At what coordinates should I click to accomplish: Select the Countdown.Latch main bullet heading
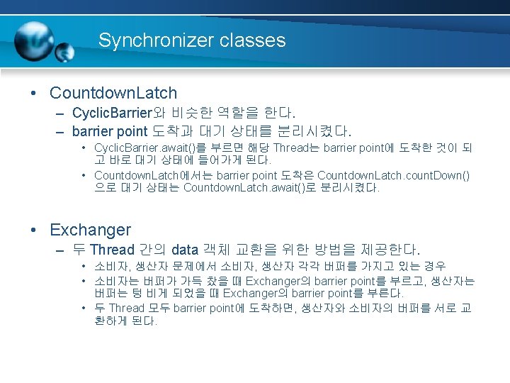113,93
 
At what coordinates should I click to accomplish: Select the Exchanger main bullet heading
90,230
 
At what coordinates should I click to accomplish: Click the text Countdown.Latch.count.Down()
393,175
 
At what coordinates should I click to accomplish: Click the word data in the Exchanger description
184,250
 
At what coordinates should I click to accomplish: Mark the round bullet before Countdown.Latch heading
34,94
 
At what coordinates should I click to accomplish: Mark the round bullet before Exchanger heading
34,231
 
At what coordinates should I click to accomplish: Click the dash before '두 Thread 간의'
60,250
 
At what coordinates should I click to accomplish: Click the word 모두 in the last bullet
157,308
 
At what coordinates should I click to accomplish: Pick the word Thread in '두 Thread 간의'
112,250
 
